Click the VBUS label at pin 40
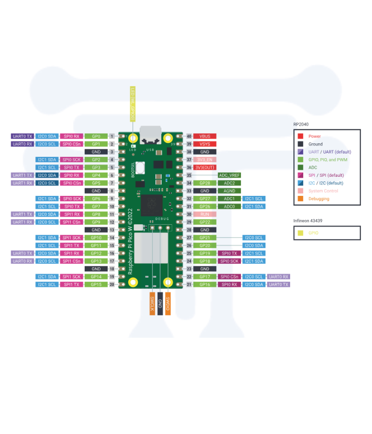tap(205, 136)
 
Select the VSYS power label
tap(205, 144)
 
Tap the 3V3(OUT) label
tap(205, 167)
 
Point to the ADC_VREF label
tap(229, 175)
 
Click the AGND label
tap(229, 191)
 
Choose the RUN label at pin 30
tap(205, 214)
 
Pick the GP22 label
tap(205, 222)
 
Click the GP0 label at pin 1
tap(96, 136)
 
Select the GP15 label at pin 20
tap(96, 284)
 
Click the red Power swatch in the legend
tap(300, 136)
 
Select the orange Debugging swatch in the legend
tap(300, 199)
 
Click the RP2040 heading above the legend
tap(300, 124)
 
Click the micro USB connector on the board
tap(151, 134)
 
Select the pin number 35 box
tap(189, 175)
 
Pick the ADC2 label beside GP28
tap(229, 183)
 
